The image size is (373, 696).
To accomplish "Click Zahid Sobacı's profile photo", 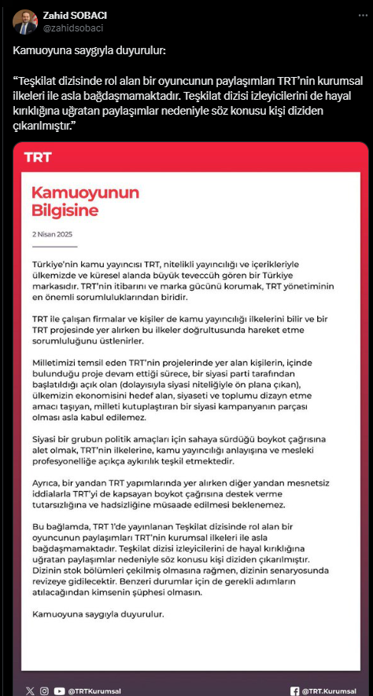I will (x=24, y=21).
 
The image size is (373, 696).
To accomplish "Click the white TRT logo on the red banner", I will (x=38, y=157).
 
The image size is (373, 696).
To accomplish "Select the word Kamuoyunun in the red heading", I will (x=85, y=193).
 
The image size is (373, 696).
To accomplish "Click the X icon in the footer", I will (x=30, y=669).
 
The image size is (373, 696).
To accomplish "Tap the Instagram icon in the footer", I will (x=44, y=669).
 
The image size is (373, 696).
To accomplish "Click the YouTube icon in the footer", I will (x=59, y=669).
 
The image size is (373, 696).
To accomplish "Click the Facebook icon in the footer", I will (x=295, y=669).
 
